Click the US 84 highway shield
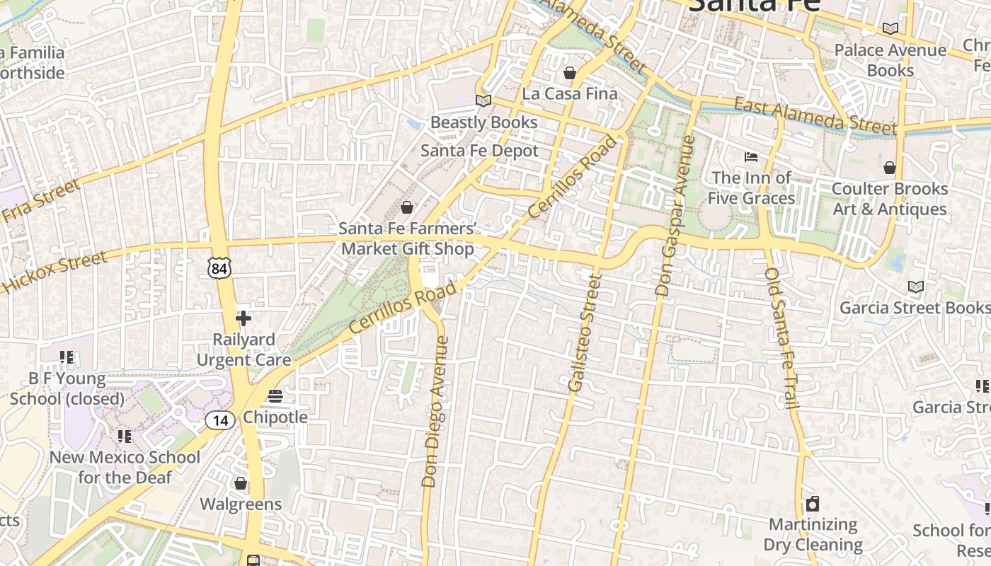tap(219, 267)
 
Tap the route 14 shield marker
tap(220, 420)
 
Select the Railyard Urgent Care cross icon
tap(244, 318)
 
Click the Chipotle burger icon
tap(275, 396)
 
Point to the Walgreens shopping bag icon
tap(241, 483)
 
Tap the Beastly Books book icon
tap(483, 101)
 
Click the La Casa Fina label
tap(570, 93)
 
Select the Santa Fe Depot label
tap(479, 151)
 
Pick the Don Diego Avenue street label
tap(435, 412)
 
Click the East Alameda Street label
tap(815, 116)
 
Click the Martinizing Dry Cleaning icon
tap(813, 504)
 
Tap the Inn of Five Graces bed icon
tap(750, 156)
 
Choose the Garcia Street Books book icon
tap(916, 287)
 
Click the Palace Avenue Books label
tap(890, 60)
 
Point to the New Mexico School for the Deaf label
tap(125, 467)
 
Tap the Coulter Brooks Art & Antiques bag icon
tap(890, 168)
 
